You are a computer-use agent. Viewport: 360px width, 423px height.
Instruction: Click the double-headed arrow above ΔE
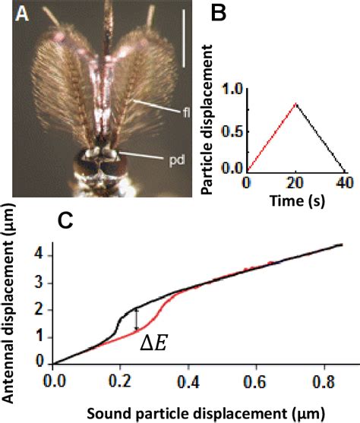pos(136,319)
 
